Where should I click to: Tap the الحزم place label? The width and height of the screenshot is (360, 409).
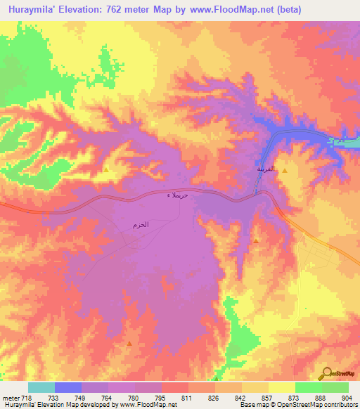pyautogui.click(x=140, y=225)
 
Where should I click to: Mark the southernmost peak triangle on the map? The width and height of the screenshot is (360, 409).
pyautogui.click(x=130, y=343)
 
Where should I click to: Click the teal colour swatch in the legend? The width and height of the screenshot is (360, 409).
pyautogui.click(x=41, y=387)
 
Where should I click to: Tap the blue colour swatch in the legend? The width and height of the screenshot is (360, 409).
pyautogui.click(x=67, y=387)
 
